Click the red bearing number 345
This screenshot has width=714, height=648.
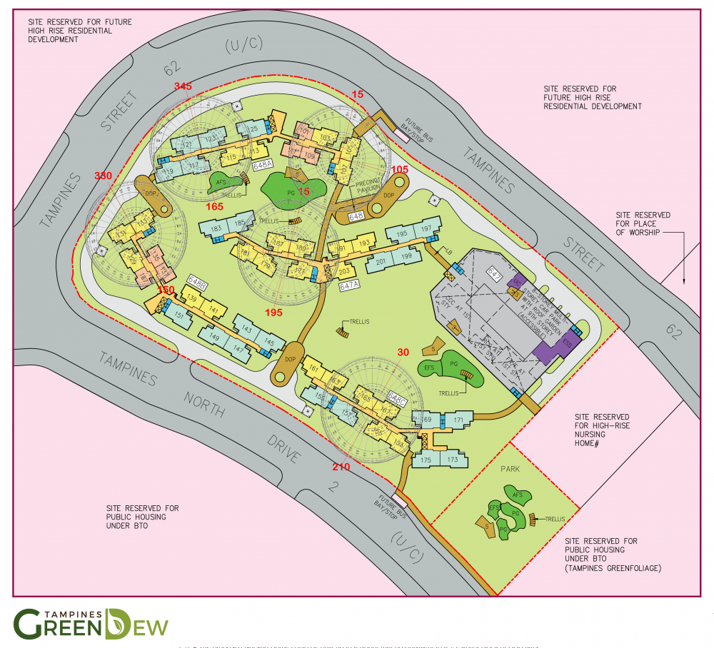[183, 86]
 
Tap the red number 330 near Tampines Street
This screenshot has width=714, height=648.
[104, 176]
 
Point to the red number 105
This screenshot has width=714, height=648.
[400, 169]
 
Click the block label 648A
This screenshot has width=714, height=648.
[263, 165]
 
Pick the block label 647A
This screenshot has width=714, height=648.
[348, 285]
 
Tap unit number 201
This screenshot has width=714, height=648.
[381, 262]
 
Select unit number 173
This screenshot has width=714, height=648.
[452, 460]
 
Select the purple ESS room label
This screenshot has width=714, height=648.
[568, 343]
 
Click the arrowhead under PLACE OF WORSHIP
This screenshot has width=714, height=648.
[683, 282]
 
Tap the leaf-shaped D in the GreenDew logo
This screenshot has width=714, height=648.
[116, 623]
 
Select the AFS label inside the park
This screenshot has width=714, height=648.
[518, 495]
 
